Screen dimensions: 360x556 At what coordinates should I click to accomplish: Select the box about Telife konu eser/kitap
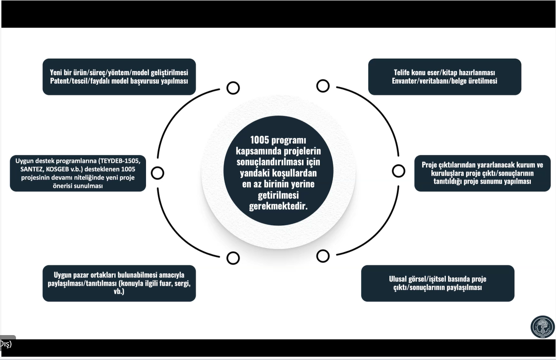[444, 77]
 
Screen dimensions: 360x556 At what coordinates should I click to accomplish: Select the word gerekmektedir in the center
[278, 206]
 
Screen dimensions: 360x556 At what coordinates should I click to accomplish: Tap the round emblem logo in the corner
[542, 327]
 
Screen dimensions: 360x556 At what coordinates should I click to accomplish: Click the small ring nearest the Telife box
[323, 86]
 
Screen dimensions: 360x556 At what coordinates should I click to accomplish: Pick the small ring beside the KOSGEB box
[157, 173]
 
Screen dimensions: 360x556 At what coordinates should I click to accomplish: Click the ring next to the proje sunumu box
[398, 171]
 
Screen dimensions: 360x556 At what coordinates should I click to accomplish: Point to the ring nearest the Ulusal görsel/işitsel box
[323, 256]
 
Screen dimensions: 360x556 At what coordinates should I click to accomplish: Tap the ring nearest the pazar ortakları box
[233, 258]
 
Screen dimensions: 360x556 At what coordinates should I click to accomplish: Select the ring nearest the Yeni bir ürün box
[233, 88]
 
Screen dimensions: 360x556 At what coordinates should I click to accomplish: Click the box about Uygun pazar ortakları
[119, 283]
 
